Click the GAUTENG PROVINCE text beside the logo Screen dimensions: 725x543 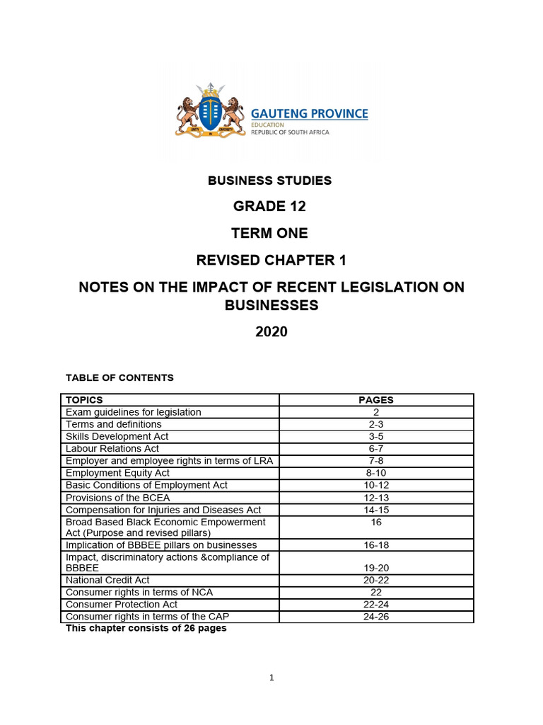click(310, 113)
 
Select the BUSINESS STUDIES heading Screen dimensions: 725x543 click(269, 181)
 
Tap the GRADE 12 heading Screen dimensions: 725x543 click(271, 207)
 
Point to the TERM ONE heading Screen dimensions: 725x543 click(271, 233)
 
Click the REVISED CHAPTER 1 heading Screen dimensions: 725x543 click(271, 261)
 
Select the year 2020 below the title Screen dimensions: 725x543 click(271, 331)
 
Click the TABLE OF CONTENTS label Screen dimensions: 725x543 click(119, 378)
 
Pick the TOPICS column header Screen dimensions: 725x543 click(84, 400)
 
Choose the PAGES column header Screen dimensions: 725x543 click(376, 400)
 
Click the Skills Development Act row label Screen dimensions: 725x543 click(117, 437)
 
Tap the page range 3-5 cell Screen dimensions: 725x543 click(376, 437)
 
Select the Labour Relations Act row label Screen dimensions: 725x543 click(112, 449)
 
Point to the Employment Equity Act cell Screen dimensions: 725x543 click(117, 473)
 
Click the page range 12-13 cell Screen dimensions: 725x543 click(376, 498)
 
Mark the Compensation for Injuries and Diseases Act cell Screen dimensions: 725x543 click(163, 510)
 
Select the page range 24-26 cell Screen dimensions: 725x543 click(376, 617)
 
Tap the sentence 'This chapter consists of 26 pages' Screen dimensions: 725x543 click(146, 629)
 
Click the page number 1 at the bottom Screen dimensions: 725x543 click(271, 678)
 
